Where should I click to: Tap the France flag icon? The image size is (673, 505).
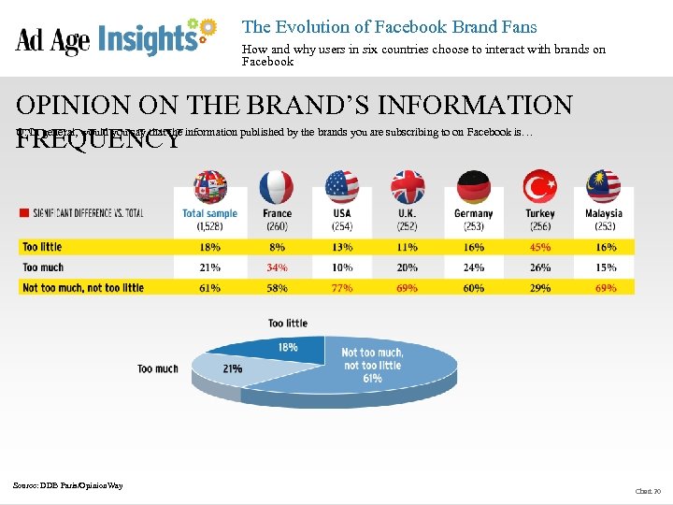tap(277, 187)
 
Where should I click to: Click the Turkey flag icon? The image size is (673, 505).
tap(539, 187)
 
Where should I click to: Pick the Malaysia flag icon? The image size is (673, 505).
tap(604, 187)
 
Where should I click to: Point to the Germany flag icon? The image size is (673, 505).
tap(473, 187)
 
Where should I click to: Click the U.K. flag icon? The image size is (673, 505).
tap(408, 187)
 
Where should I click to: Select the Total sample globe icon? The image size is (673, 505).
tap(210, 187)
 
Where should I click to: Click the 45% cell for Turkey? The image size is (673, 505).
tap(539, 247)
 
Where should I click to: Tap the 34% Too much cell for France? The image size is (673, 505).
tap(277, 267)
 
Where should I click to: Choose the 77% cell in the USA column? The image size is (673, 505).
tap(342, 288)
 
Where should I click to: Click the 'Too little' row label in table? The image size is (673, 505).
tap(43, 247)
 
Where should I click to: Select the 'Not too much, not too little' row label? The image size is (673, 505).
tap(83, 288)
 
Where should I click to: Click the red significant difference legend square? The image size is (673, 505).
tap(23, 213)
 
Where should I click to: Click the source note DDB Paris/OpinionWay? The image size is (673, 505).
tap(68, 484)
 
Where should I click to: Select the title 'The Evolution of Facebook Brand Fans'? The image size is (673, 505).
tap(389, 27)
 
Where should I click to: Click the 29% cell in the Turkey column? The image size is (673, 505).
tap(539, 288)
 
